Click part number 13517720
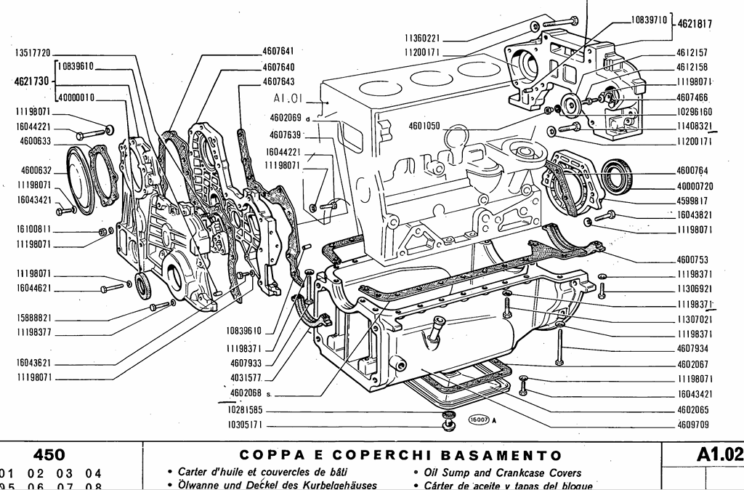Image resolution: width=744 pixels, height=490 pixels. pos(32,53)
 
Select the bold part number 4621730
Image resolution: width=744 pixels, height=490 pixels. pos(31,81)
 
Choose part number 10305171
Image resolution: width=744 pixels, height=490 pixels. pos(245,424)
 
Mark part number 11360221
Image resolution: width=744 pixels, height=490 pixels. pos(422,38)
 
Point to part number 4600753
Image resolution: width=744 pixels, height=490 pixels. pos(692,259)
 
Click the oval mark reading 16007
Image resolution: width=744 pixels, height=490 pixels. pos(477,418)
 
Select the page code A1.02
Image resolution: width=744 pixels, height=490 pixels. pos(719,455)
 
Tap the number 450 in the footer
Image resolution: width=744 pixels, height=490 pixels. pos(49,455)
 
